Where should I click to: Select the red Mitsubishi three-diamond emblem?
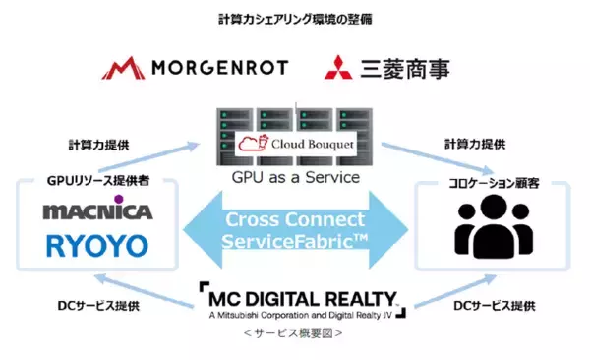pyautogui.click(x=338, y=68)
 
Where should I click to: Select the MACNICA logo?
pyautogui.click(x=96, y=211)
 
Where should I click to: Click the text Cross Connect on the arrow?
pyautogui.click(x=293, y=219)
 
